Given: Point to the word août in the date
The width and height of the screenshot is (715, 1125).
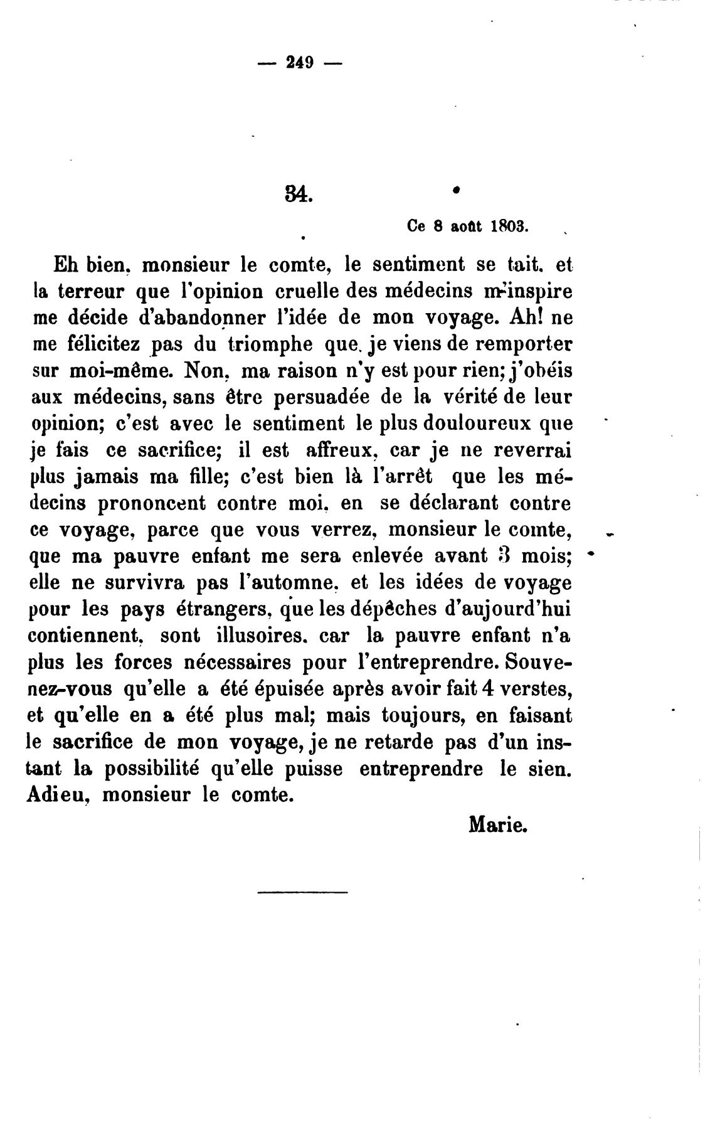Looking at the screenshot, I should point(465,227).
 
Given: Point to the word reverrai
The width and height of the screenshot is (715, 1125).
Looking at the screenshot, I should point(533,450).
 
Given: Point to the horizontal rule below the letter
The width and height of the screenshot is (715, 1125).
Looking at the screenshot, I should point(302,892).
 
